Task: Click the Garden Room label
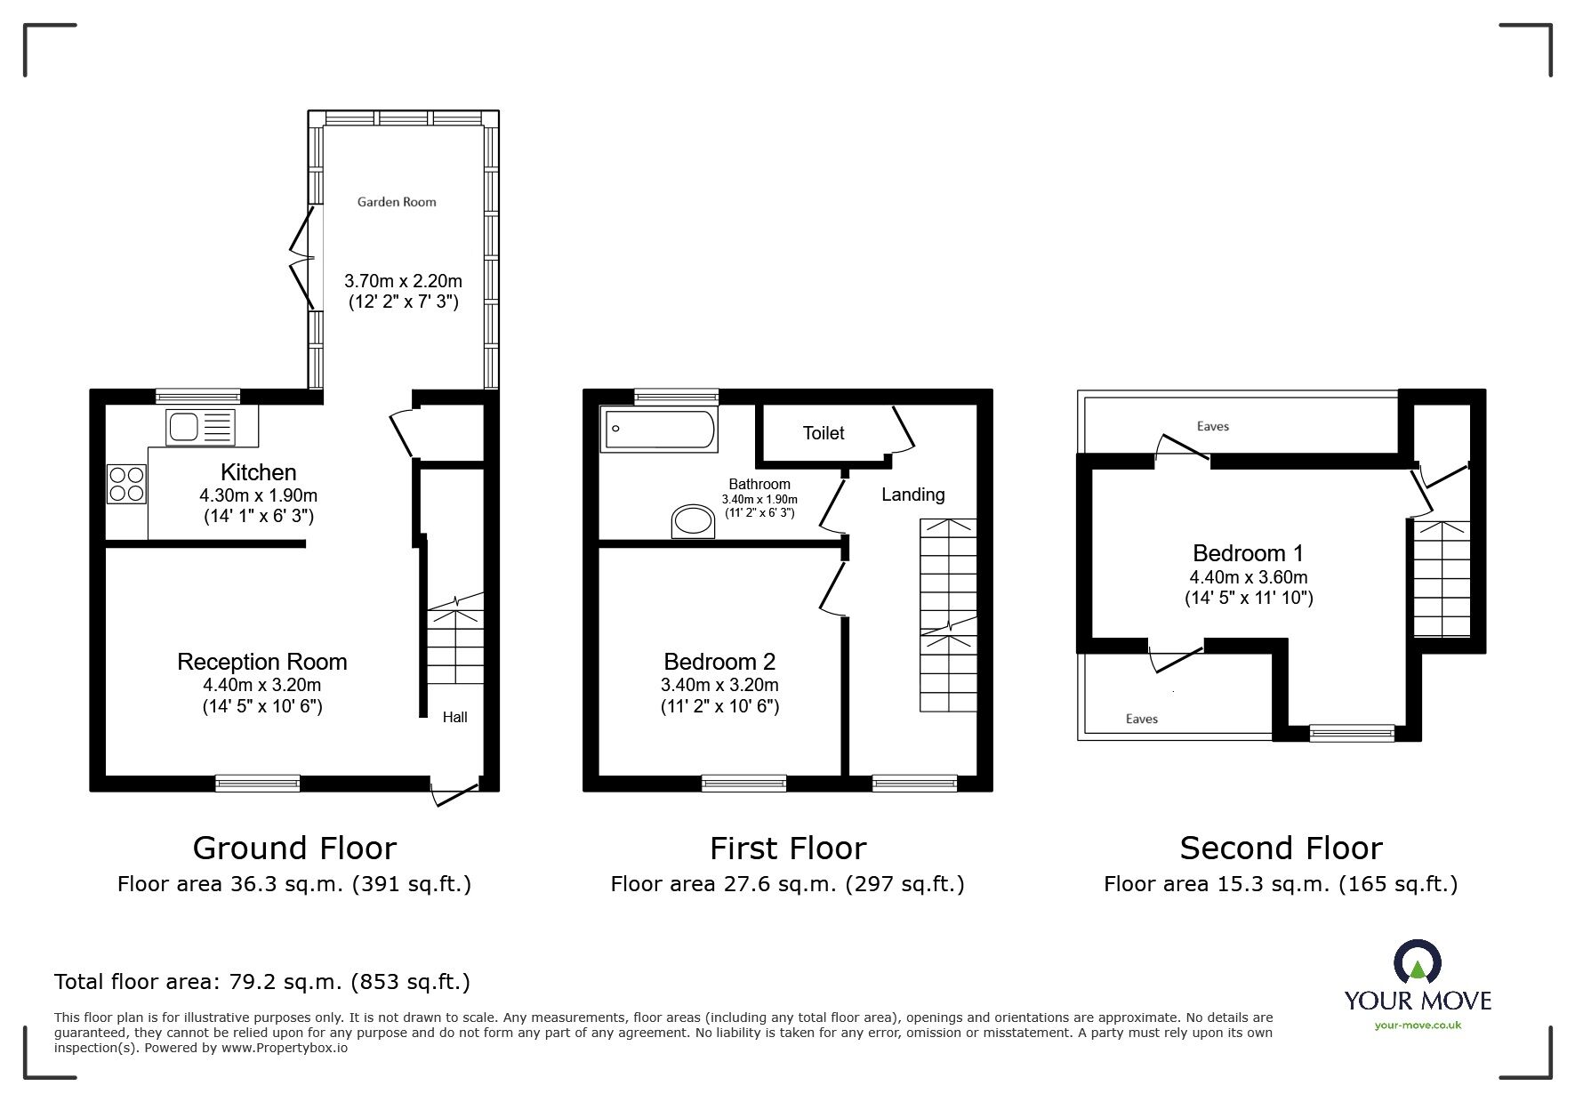(397, 202)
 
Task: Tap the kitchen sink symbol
(199, 427)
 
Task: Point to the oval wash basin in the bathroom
(693, 521)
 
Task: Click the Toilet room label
(823, 433)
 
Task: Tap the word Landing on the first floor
(912, 495)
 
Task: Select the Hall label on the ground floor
(454, 717)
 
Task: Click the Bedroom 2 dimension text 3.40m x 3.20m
(719, 685)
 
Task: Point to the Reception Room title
(261, 662)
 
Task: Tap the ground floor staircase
(455, 646)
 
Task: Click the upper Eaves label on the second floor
(1212, 426)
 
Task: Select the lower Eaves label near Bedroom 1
(1141, 719)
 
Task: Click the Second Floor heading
(1280, 849)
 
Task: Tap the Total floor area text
(261, 982)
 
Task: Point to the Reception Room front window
(258, 783)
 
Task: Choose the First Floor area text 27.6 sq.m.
(786, 884)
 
